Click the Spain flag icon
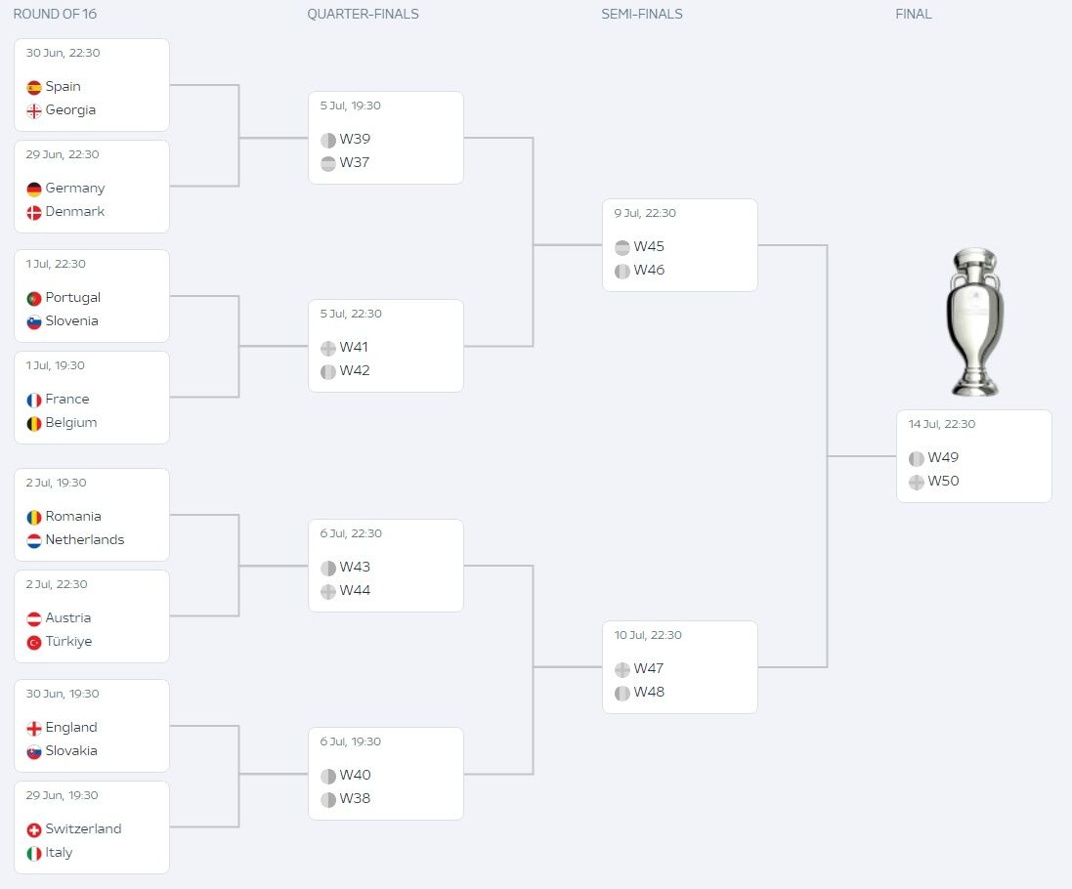34,87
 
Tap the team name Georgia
70,110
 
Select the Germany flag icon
34,189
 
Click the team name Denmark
74,212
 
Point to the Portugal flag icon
34,298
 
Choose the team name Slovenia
71,321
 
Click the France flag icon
34,400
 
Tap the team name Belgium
70,423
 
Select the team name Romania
73,517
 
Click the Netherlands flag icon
34,540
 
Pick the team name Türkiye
68,642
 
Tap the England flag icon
34,728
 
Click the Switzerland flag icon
34,829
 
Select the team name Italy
59,853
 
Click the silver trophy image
973,321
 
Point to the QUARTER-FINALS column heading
363,15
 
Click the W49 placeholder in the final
943,458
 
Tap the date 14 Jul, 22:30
941,424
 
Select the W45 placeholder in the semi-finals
649,247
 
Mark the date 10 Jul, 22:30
647,635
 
